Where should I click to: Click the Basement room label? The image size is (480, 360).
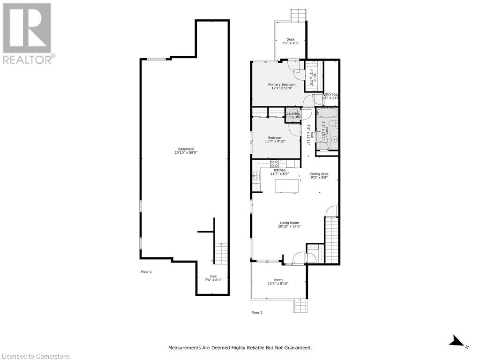(x=186, y=149)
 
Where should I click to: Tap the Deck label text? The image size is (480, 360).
(x=291, y=39)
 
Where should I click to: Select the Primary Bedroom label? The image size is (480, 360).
(x=282, y=84)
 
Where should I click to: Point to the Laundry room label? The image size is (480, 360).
(x=293, y=113)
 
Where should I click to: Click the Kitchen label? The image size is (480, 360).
(x=279, y=170)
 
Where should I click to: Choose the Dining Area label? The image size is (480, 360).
(x=319, y=173)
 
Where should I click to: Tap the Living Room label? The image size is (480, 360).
(x=289, y=223)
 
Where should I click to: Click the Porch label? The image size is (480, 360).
(x=278, y=280)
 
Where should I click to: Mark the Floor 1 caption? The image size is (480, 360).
(x=146, y=272)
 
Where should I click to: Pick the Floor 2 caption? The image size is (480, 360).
(x=256, y=312)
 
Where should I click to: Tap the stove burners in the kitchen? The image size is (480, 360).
(x=275, y=164)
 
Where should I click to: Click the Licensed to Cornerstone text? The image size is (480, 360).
(x=35, y=357)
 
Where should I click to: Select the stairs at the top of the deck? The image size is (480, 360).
(x=298, y=15)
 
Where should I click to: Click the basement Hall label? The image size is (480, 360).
(x=213, y=276)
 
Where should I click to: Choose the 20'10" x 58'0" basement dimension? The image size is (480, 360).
(x=186, y=153)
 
